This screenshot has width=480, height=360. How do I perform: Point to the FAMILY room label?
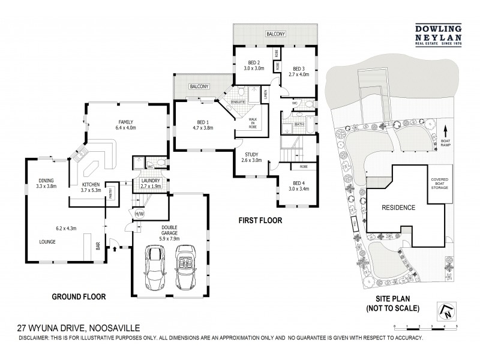[x=126, y=124]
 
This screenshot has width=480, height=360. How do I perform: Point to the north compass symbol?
[x=447, y=310]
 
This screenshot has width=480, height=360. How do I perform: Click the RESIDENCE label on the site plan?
[x=399, y=208]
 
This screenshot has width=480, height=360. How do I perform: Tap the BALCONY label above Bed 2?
[x=277, y=35]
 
